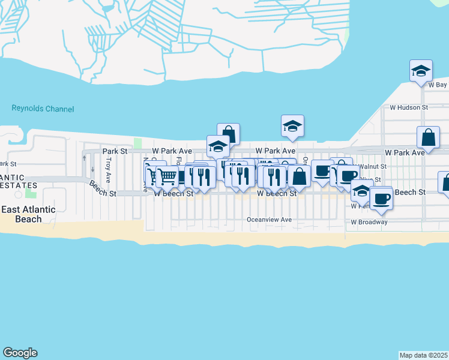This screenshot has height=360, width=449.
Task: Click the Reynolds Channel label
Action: pyautogui.click(x=43, y=109)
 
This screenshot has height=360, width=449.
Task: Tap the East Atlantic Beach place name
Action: pyautogui.click(x=28, y=214)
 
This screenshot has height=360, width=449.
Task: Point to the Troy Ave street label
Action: pyautogui.click(x=108, y=170)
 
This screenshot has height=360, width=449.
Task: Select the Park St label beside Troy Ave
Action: pyautogui.click(x=115, y=151)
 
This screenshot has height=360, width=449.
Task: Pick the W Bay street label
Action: pyautogui.click(x=437, y=85)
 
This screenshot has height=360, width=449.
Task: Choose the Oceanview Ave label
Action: pyautogui.click(x=269, y=220)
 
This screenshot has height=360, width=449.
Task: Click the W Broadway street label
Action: pyautogui.click(x=369, y=222)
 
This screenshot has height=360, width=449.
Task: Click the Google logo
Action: pyautogui.click(x=20, y=353)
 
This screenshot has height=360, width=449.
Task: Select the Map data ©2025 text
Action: pyautogui.click(x=424, y=355)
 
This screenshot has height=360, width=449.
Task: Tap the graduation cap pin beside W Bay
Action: pyautogui.click(x=421, y=71)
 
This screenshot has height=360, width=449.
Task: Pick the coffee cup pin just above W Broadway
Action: pyautogui.click(x=381, y=199)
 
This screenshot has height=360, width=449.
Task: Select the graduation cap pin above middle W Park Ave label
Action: pyautogui.click(x=292, y=126)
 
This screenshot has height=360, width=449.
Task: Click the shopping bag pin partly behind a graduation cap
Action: pyautogui.click(x=228, y=133)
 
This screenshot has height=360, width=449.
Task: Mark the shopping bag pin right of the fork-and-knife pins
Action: pyautogui.click(x=298, y=176)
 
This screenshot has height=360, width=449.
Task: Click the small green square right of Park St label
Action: pyautogui.click(x=137, y=143)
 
